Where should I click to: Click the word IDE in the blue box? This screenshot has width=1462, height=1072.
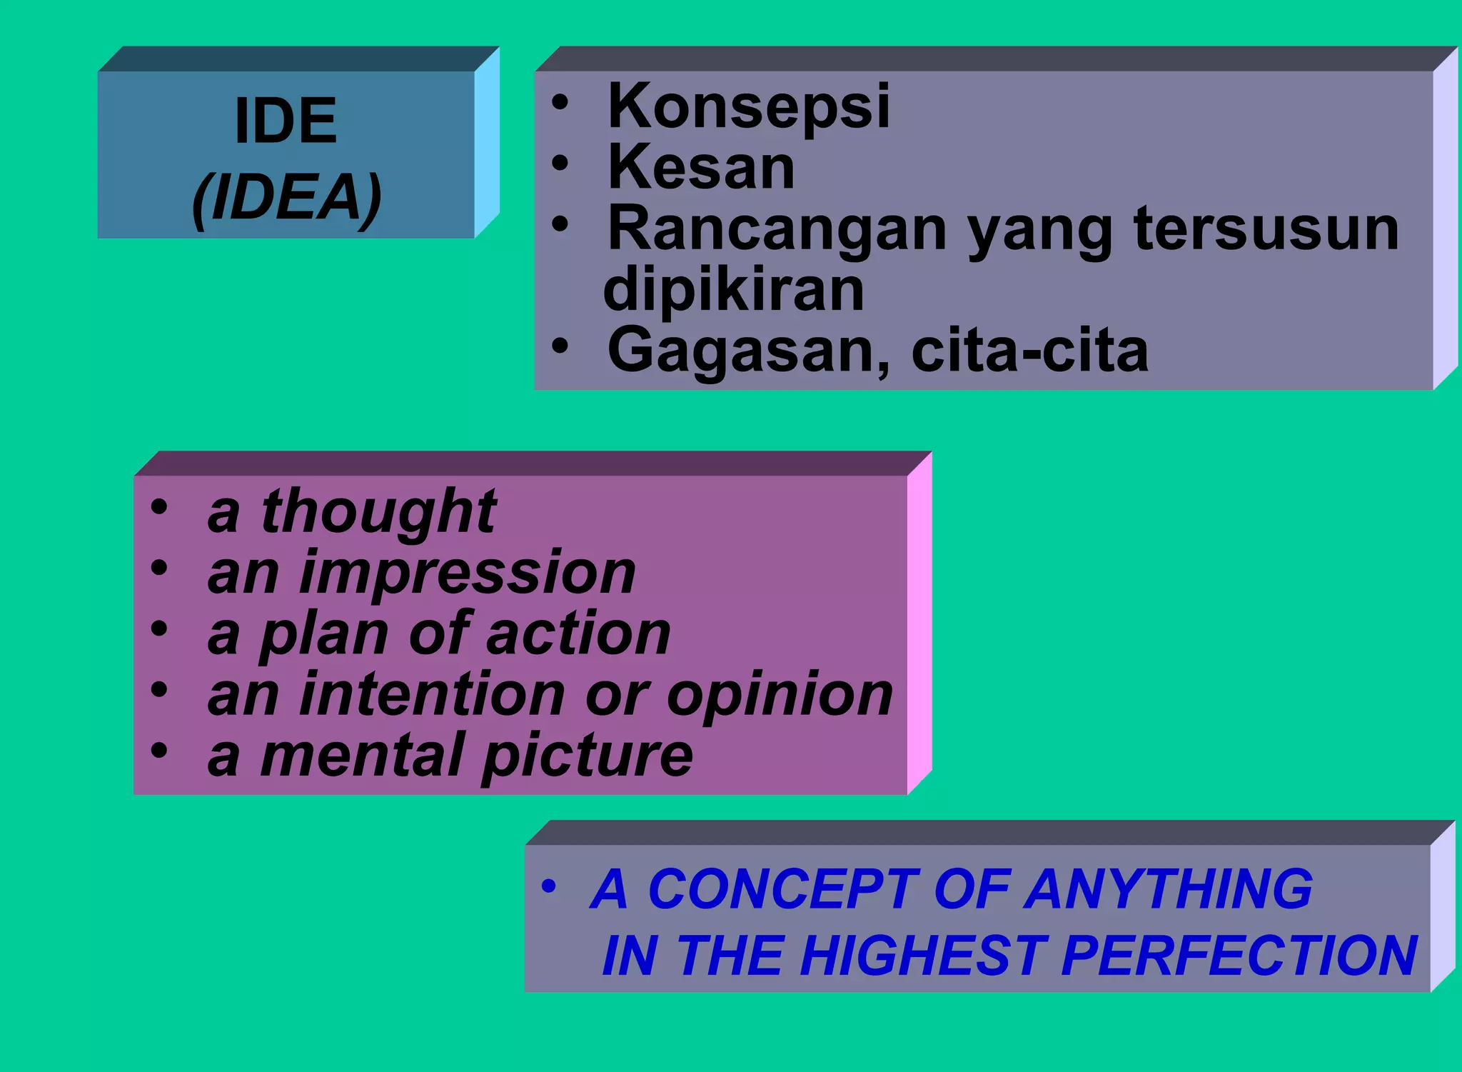point(286,121)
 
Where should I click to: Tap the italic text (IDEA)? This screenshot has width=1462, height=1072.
point(287,198)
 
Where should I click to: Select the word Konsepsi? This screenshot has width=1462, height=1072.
point(748,107)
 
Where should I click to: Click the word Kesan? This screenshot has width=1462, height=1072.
point(701,168)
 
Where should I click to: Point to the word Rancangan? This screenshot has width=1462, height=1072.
point(777,231)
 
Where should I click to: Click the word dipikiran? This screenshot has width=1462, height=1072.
point(734,290)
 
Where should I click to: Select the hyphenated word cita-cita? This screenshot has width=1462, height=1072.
point(1029,351)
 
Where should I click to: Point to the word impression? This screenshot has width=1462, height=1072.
point(467,573)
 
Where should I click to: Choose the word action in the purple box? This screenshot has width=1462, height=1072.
point(579,634)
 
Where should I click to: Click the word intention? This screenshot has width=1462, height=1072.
point(433,695)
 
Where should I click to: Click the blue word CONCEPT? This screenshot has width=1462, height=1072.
point(782,890)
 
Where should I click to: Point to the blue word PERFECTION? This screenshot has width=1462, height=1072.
point(1239,956)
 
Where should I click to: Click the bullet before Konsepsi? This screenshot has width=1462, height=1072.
point(560,101)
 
